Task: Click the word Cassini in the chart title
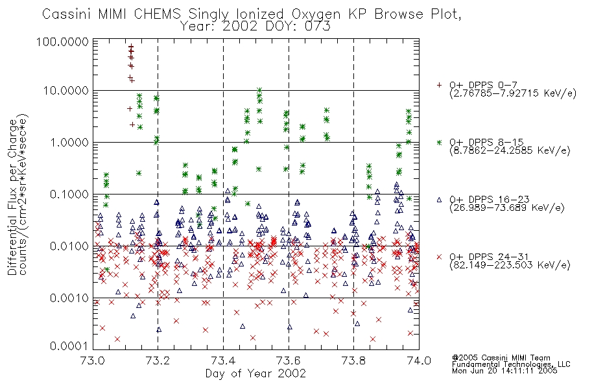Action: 66,14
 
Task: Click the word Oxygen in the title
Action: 316,15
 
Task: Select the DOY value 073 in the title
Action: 318,27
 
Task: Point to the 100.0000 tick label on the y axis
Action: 62,41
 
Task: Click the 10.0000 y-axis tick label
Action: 66,91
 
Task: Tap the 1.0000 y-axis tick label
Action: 69,142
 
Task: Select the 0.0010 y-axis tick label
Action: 69,298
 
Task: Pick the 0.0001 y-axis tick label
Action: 69,346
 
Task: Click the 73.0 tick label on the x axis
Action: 93,360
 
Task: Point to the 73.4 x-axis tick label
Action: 224,360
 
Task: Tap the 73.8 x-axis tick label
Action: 354,360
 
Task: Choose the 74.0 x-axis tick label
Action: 419,360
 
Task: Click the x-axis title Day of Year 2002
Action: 255,373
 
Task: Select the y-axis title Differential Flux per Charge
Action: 12,197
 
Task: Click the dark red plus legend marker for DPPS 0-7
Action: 439,85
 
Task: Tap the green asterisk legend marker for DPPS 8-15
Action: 439,142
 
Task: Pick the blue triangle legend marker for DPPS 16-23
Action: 439,200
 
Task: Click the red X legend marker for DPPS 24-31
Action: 439,257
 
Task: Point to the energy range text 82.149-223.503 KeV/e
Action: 510,265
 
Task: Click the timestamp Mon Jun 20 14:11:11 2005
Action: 504,371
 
